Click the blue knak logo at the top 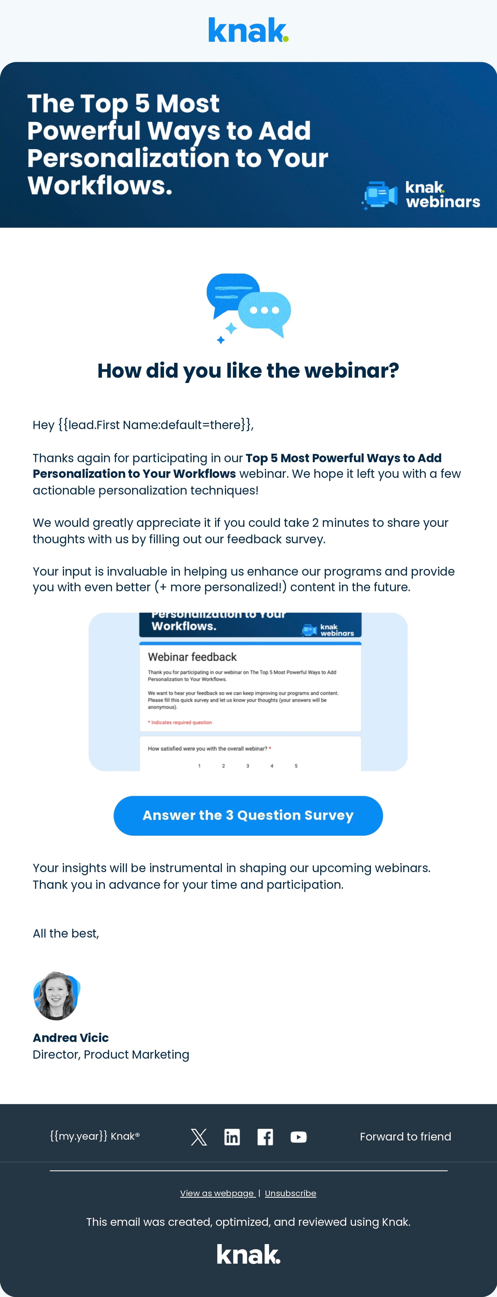point(248,30)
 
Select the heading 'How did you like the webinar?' point(248,371)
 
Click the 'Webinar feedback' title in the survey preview point(192,657)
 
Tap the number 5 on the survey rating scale point(296,766)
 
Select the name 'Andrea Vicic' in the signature point(71,1038)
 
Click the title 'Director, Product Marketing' point(111,1055)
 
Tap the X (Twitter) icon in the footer point(199,1137)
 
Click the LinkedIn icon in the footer point(232,1137)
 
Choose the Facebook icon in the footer point(265,1137)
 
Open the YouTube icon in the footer point(298,1137)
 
